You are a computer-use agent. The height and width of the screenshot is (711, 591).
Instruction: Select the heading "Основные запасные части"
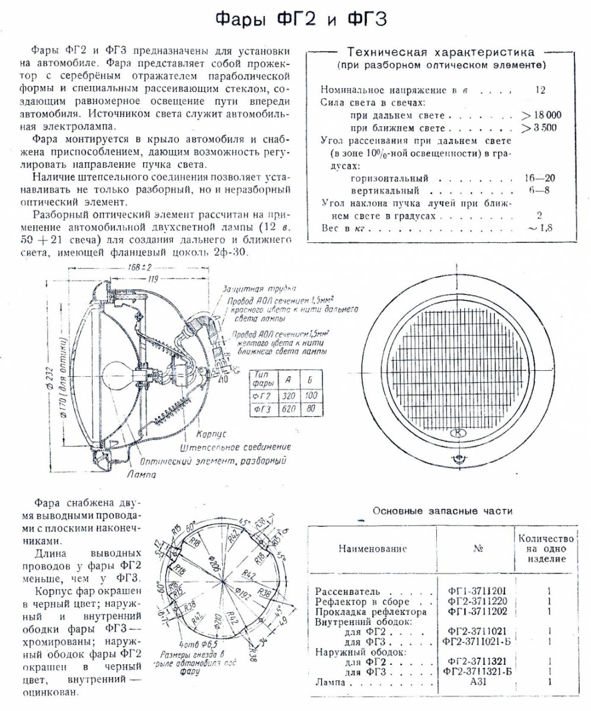tap(442, 511)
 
